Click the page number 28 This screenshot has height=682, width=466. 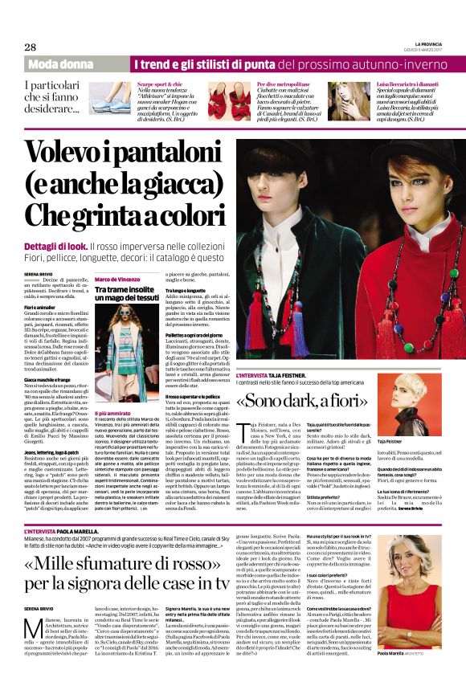click(x=30, y=46)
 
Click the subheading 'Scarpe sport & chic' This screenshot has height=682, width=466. click(x=161, y=84)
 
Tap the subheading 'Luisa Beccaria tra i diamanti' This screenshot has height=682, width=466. click(x=407, y=84)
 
